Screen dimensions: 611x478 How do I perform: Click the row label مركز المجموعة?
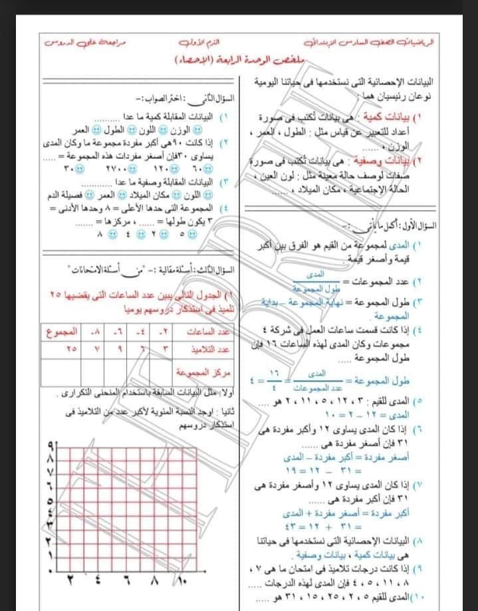point(203,368)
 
